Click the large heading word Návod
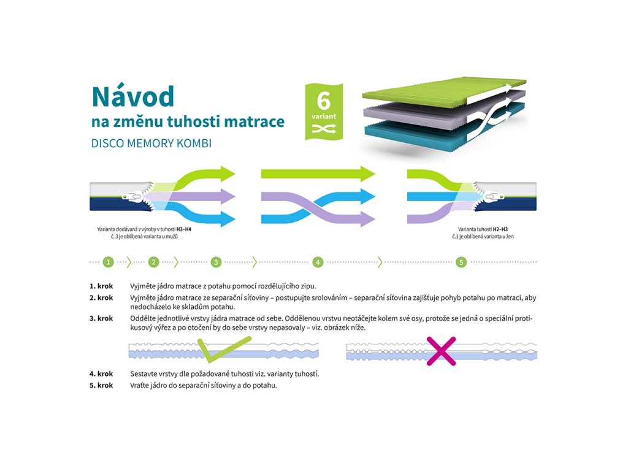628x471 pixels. [x=132, y=96]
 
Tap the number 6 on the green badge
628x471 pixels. [x=323, y=100]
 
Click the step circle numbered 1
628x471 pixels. [x=109, y=262]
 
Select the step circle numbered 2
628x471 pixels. [x=154, y=262]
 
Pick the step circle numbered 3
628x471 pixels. [x=216, y=262]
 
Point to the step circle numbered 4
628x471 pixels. [x=318, y=262]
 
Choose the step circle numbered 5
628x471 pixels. [x=461, y=262]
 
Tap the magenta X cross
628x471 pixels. [x=442, y=351]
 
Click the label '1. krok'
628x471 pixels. [x=101, y=286]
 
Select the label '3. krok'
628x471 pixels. [x=101, y=318]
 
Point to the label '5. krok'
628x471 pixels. [x=101, y=385]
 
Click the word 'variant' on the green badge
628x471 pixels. [x=323, y=116]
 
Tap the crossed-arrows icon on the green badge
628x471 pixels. [x=323, y=128]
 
